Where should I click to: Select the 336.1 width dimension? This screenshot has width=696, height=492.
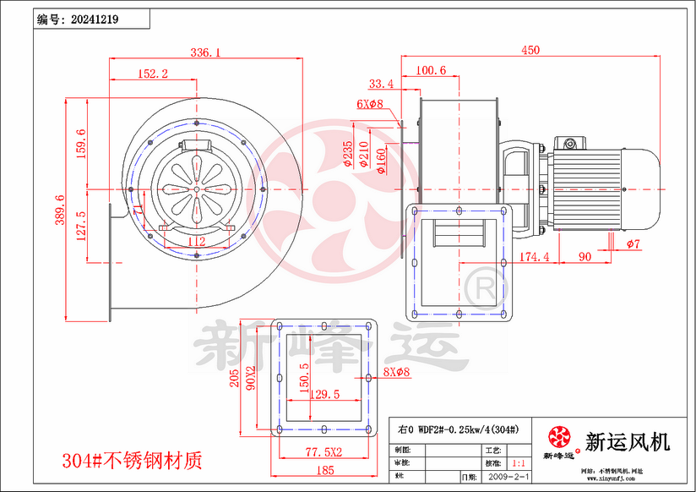[205, 52]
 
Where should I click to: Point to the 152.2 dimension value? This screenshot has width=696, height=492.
[152, 74]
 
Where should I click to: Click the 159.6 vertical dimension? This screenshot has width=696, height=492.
[81, 145]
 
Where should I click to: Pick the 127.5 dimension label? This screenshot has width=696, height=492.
[81, 226]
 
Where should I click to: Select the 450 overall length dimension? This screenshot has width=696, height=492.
[530, 50]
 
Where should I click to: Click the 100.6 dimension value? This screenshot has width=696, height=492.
[431, 70]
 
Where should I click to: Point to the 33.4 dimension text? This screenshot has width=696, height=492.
[381, 84]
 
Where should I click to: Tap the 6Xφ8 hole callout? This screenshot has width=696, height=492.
[369, 104]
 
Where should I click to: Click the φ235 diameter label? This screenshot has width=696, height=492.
[349, 155]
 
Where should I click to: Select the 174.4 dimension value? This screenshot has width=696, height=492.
[534, 255]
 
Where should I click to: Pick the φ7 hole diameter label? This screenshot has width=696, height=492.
[633, 244]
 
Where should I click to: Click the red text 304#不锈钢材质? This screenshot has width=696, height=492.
[133, 461]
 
